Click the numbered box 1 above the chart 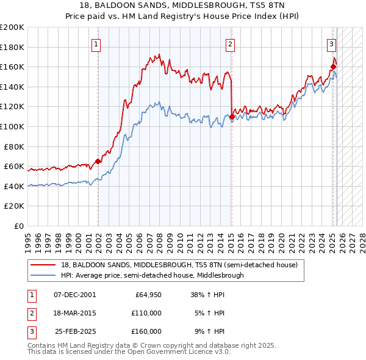pos(97,43)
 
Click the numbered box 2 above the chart pos(231,43)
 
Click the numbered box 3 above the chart pos(331,43)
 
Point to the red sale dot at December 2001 pos(98,162)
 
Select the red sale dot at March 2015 pos(232,117)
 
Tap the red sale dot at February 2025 pos(334,67)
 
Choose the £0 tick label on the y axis pos(20,226)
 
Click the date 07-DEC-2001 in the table pos(75,295)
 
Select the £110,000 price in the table pos(146,313)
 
